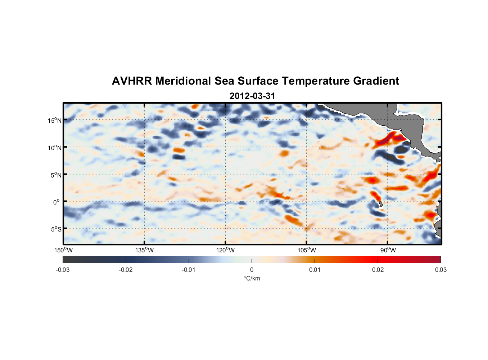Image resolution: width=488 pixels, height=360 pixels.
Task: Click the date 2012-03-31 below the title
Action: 252,96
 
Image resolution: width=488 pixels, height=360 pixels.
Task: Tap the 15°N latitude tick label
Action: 55,120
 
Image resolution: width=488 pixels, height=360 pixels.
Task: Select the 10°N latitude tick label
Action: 55,148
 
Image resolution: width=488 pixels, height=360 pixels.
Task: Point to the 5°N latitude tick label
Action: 56,175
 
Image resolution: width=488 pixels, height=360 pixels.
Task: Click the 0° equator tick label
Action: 57,202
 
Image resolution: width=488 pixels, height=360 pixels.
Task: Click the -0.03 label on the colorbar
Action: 63,270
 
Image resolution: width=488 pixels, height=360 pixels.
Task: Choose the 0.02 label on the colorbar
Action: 378,270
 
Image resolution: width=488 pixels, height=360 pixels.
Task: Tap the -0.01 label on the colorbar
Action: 189,270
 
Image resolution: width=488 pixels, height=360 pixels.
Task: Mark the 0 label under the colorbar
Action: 252,270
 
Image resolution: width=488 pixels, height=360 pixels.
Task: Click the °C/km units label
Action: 252,278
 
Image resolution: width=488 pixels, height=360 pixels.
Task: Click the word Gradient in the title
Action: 376,81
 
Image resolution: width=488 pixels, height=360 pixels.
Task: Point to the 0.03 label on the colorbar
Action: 440,270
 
